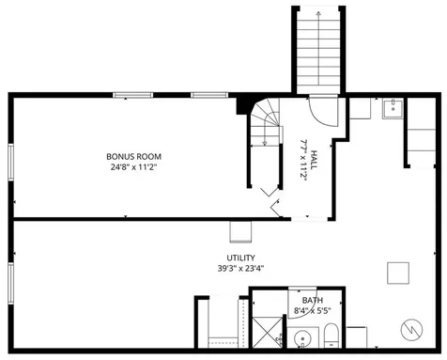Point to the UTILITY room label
coord(241,257)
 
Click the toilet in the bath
coord(331,337)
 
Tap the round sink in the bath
coord(301,340)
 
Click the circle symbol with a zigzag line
coord(410,330)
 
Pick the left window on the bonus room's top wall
coord(131,95)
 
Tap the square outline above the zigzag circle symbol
coord(398,273)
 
